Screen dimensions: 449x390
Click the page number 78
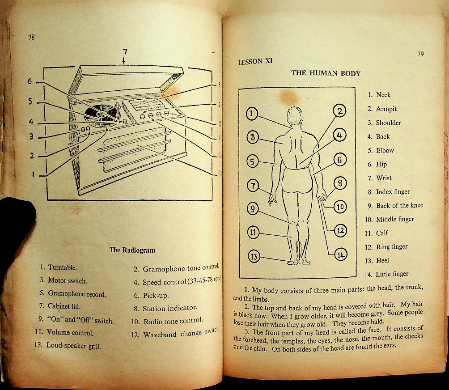(31, 38)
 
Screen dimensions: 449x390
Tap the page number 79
(420, 54)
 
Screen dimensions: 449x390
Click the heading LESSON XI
(255, 62)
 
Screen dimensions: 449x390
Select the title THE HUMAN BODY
(326, 73)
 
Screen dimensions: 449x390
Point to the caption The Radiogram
(132, 250)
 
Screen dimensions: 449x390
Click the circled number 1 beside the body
(252, 114)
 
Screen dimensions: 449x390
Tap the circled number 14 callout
(341, 255)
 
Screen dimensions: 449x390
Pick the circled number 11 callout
(253, 232)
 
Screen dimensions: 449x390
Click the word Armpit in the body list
(386, 109)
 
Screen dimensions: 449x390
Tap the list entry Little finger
(392, 274)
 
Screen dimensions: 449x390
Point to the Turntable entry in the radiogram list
(63, 267)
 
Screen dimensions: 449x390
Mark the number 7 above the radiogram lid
(125, 51)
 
